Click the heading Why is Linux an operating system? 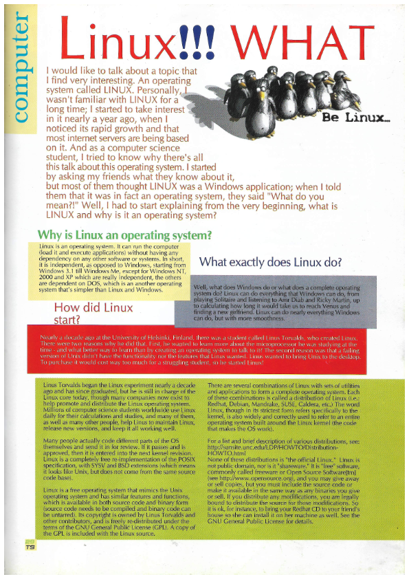click(x=124, y=235)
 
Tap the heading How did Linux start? click(x=93, y=313)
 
